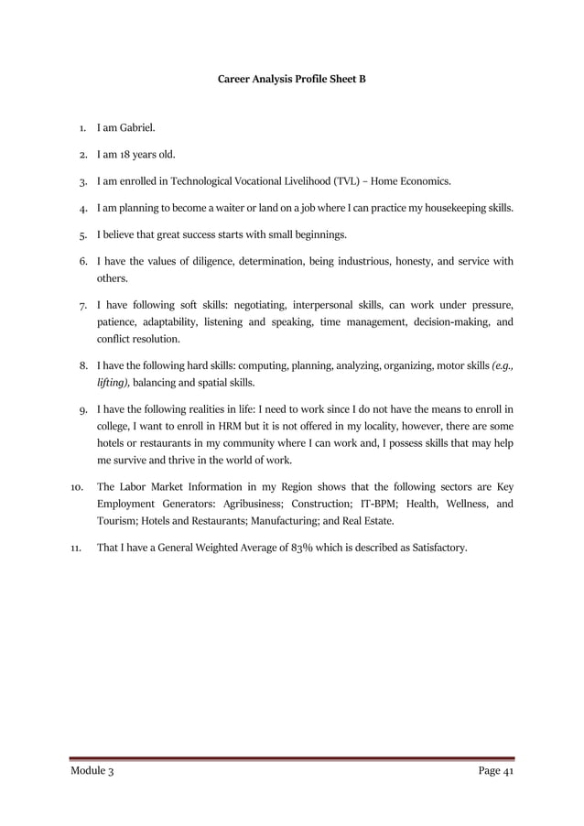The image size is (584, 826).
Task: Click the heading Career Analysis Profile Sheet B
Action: pos(291,80)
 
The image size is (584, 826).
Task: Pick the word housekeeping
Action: pos(454,208)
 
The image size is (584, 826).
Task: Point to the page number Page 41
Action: pos(495,772)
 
